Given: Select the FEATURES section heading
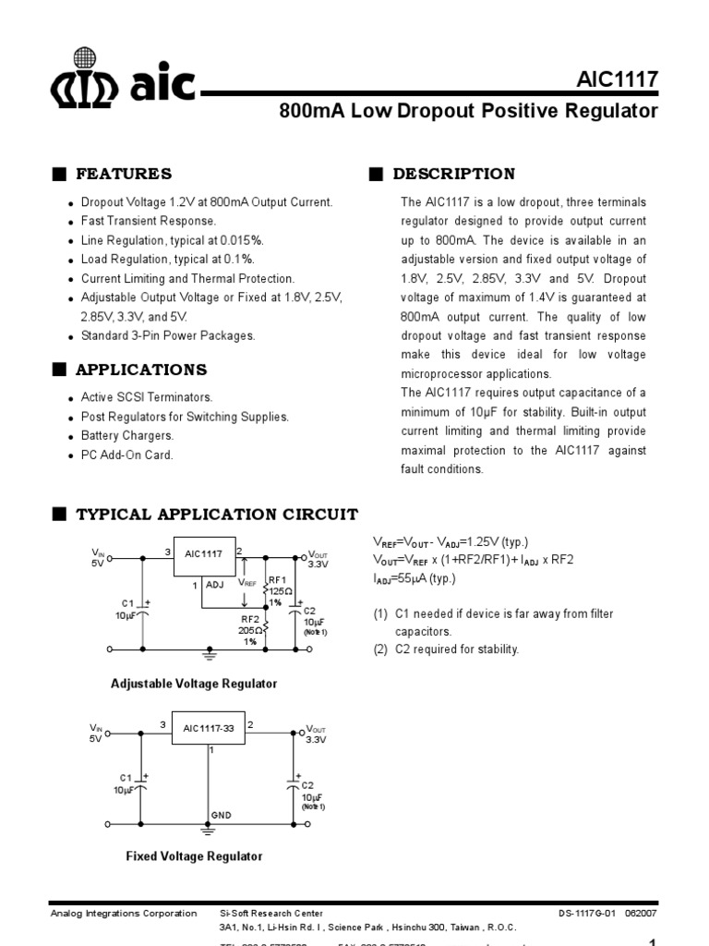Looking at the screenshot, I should pos(124,174).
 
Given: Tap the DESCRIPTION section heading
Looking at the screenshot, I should pos(454,174).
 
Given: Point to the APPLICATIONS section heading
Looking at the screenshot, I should pos(141,370).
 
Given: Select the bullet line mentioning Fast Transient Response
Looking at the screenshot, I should pos(149,222).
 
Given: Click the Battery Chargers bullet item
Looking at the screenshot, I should pos(127,435).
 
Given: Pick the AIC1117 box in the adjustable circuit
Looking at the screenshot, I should pos(203,554).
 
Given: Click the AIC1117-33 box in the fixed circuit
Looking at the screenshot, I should pos(208,728).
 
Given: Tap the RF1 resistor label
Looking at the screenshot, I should pos(277,579).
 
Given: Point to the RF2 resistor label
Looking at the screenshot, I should pos(250,619).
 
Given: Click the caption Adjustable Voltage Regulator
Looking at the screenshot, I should pos(194,684).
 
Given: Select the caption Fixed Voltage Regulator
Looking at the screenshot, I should pos(194,856).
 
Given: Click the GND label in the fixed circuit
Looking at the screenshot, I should pos(221,816).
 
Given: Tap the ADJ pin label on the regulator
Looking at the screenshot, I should pos(215,585).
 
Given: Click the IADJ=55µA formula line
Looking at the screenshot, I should pos(415,578).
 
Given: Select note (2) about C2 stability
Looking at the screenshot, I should pos(447,649).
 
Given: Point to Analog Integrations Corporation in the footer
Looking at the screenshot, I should pos(123,913).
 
